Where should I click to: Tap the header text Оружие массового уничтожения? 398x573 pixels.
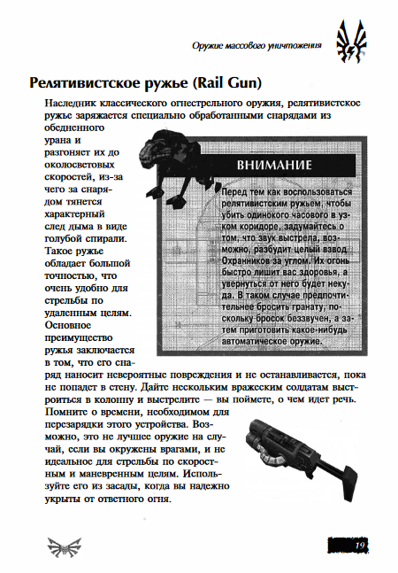coord(256,45)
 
